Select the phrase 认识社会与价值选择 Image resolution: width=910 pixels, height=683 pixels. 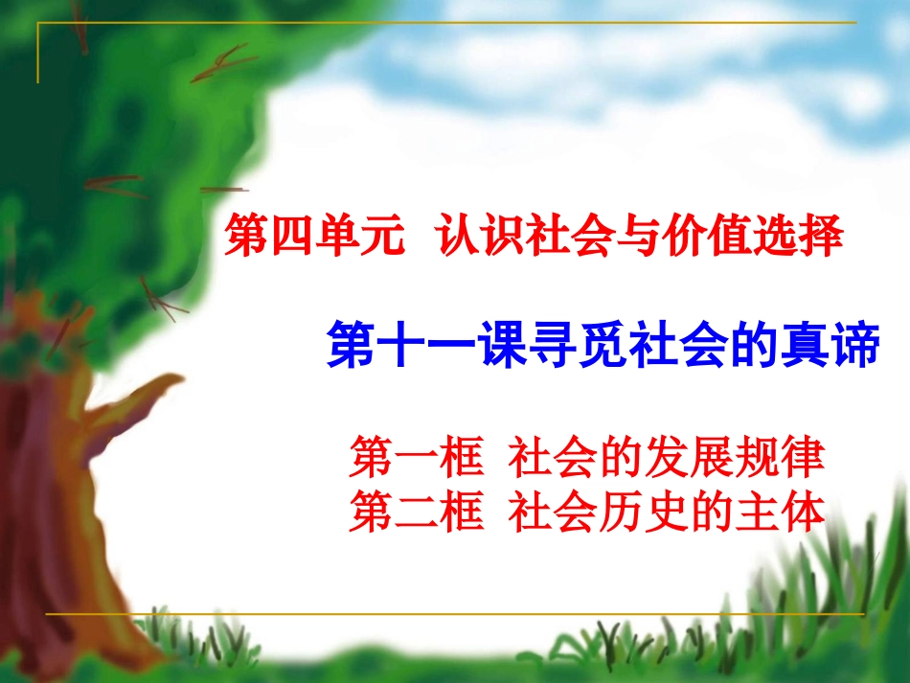pyautogui.click(x=640, y=237)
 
